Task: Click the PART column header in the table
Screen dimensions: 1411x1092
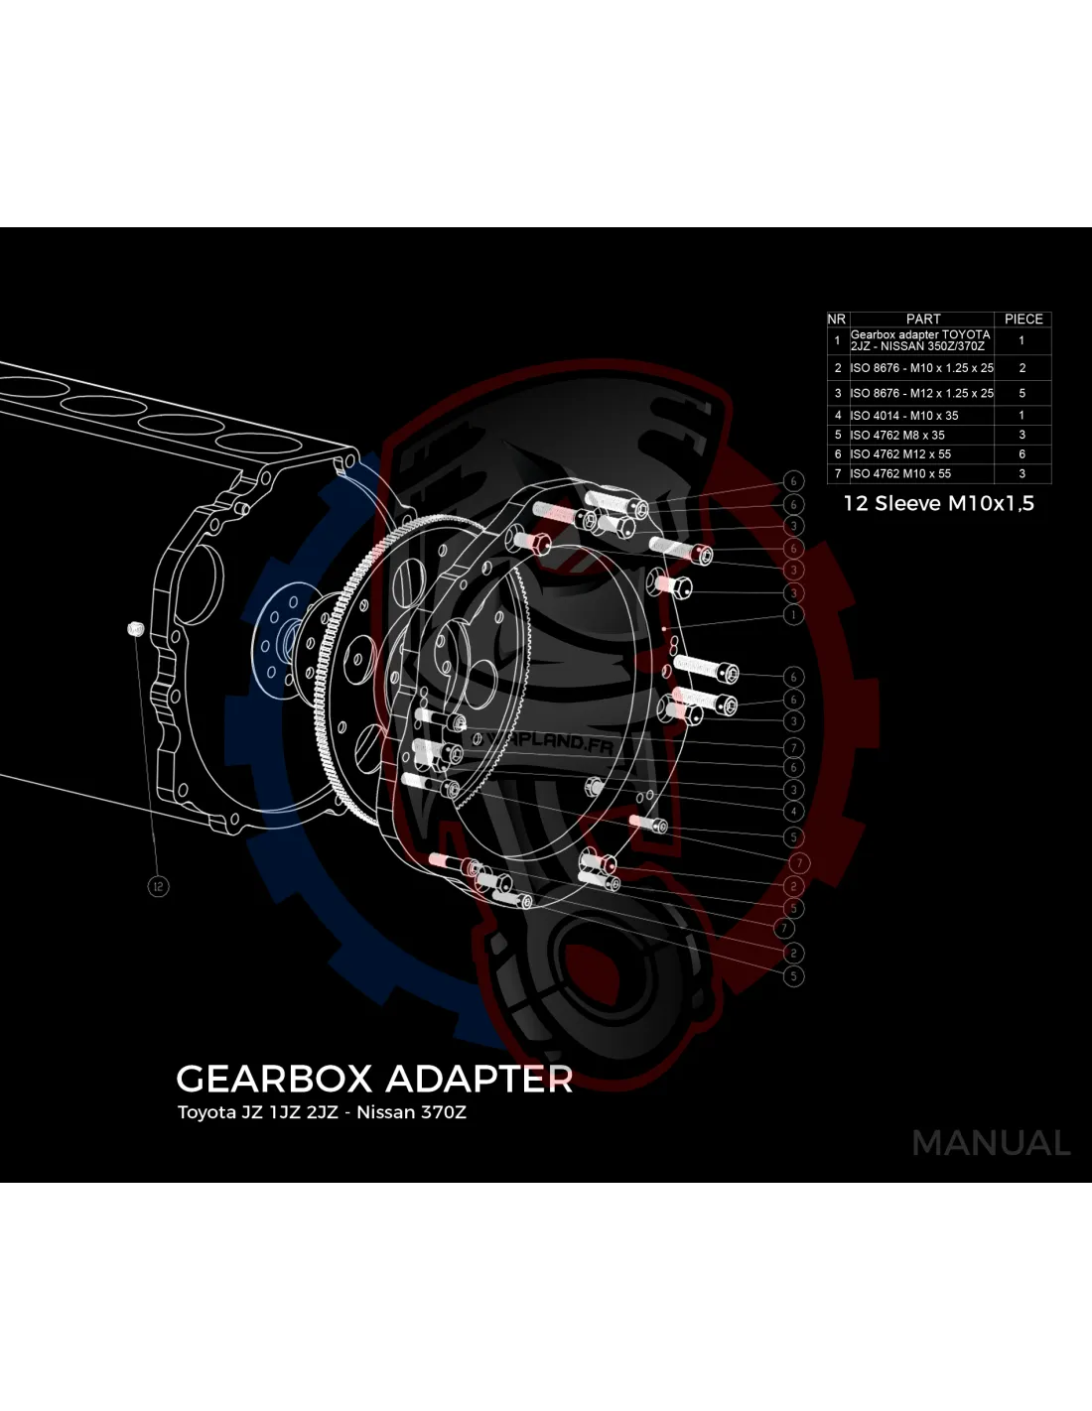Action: pyautogui.click(x=922, y=319)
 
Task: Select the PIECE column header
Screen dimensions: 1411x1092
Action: pyautogui.click(x=1023, y=319)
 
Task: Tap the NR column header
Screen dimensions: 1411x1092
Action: pyautogui.click(x=836, y=319)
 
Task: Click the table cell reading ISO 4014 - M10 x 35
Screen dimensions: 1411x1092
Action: pyautogui.click(x=904, y=416)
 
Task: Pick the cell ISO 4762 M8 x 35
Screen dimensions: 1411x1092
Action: pyautogui.click(x=897, y=435)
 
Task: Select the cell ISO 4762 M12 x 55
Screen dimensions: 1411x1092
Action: pyautogui.click(x=900, y=453)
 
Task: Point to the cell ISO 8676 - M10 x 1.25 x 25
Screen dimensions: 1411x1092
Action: pyautogui.click(x=921, y=367)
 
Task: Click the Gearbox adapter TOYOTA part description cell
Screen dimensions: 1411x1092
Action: pyautogui.click(x=920, y=340)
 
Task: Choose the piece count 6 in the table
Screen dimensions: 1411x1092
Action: pyautogui.click(x=1022, y=453)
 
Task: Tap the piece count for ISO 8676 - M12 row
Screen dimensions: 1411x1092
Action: pyautogui.click(x=1022, y=393)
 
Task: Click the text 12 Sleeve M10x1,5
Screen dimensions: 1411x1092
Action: pyautogui.click(x=938, y=503)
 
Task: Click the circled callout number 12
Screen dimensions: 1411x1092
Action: pyautogui.click(x=158, y=886)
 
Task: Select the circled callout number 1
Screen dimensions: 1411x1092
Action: pyautogui.click(x=793, y=615)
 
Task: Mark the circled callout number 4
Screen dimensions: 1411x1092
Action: pyautogui.click(x=793, y=812)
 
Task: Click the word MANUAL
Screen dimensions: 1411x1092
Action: pyautogui.click(x=991, y=1143)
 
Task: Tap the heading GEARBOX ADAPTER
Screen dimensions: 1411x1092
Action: pyautogui.click(x=374, y=1079)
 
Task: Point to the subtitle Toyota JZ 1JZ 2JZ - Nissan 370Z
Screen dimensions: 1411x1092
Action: pyautogui.click(x=322, y=1112)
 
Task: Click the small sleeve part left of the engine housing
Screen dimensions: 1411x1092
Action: pyautogui.click(x=136, y=628)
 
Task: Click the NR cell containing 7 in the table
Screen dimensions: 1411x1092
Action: pyautogui.click(x=837, y=473)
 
